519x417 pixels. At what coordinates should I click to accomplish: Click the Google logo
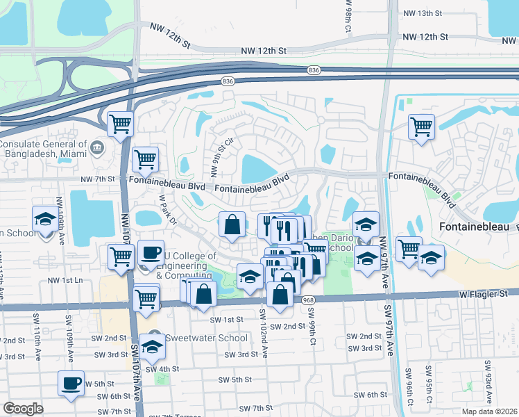(23, 409)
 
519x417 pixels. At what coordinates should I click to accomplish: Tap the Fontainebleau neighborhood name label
(474, 227)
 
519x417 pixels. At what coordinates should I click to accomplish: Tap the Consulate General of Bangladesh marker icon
(96, 147)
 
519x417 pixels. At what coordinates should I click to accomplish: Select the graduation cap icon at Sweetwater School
(152, 345)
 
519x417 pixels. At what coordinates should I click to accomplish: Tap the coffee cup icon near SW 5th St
(71, 382)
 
